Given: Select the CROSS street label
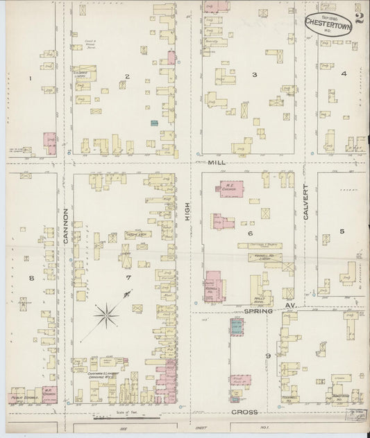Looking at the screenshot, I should click(244, 412).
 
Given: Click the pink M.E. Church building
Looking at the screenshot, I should click(232, 188).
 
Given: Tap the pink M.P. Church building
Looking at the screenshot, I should click(48, 394).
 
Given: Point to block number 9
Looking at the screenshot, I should click(267, 356).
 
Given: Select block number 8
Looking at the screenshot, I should click(31, 278).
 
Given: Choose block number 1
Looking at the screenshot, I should click(31, 78).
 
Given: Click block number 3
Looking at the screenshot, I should click(254, 74).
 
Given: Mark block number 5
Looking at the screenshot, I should click(342, 231).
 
